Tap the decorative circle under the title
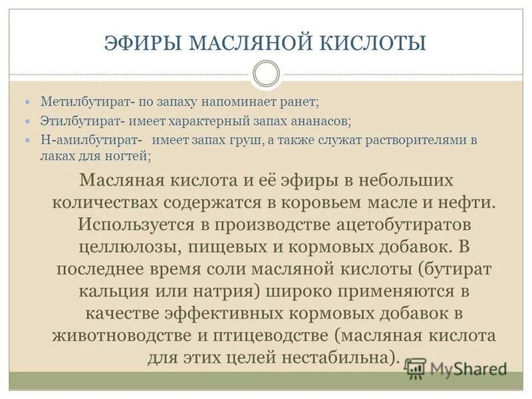pyautogui.click(x=266, y=73)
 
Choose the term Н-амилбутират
pyautogui.click(x=89, y=141)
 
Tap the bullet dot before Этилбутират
pyautogui.click(x=28, y=122)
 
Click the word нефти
pyautogui.click(x=468, y=202)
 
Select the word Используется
pyautogui.click(x=136, y=224)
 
